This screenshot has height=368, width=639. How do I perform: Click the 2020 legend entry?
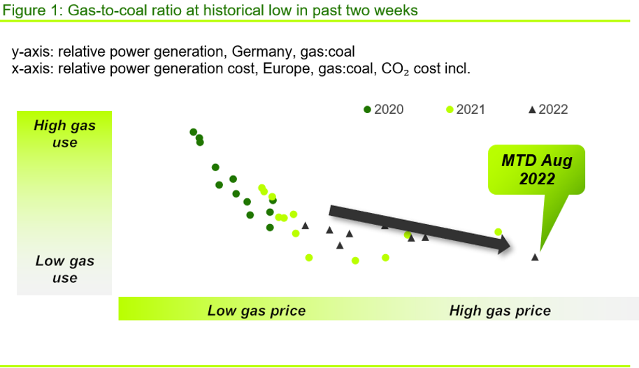384,110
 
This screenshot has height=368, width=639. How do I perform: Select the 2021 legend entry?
466,110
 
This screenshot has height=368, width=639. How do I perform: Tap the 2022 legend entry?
548,110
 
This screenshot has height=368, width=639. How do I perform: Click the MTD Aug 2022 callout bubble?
537,170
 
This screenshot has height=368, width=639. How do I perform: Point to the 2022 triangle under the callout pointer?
535,257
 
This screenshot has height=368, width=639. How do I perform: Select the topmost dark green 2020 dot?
193,132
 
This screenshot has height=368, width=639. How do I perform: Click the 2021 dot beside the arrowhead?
498,232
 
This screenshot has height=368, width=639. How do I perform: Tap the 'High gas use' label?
65,134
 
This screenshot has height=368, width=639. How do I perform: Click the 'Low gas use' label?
65,269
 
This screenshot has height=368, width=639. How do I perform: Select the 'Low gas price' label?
257,311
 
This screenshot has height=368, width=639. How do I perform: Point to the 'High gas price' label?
500,311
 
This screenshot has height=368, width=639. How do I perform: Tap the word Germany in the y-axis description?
261,52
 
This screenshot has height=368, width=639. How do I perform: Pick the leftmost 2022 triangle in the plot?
306,226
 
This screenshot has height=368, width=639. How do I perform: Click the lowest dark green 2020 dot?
270,228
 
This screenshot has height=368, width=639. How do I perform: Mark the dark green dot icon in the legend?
367,110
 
